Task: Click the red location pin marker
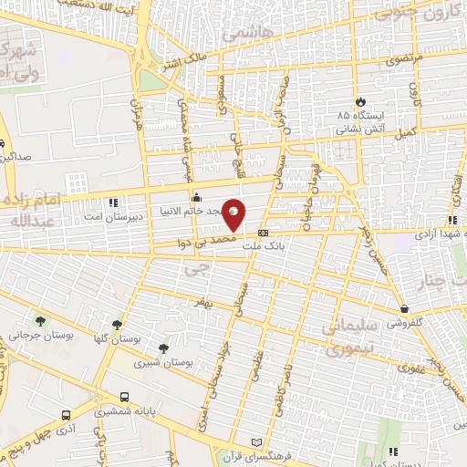click(234, 215)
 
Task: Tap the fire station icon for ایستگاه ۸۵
click(363, 100)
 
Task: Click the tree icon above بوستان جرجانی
click(40, 320)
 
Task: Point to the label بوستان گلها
click(117, 338)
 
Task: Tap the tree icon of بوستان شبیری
click(163, 348)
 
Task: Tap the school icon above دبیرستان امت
click(112, 202)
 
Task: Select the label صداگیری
click(17, 156)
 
